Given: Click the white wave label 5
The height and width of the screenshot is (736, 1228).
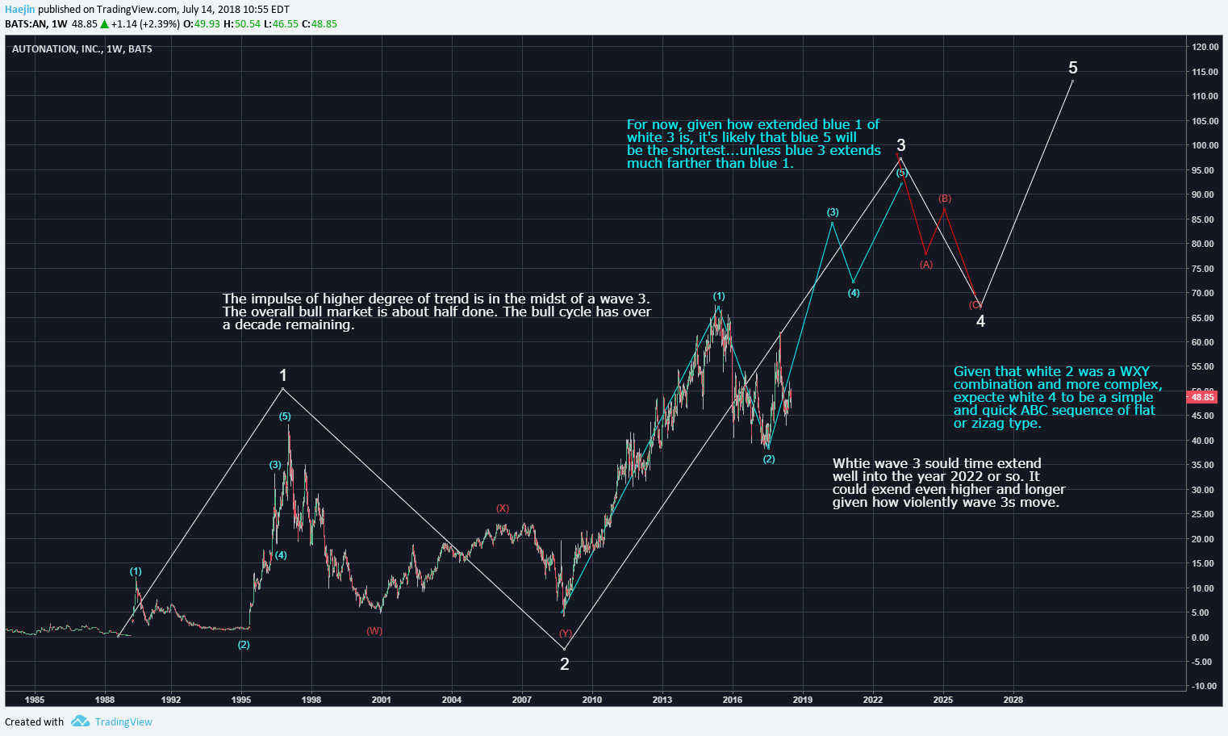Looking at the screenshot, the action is (x=1073, y=68).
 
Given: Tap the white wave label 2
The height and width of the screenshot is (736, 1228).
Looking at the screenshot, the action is (x=565, y=664).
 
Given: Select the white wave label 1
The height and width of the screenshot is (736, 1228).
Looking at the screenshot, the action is (x=283, y=375).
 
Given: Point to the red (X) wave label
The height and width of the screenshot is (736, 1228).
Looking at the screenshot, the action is (x=502, y=508).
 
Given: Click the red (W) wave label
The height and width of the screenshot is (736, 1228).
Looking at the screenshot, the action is (x=374, y=631).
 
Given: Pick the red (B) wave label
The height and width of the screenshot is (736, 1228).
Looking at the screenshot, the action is (x=944, y=199).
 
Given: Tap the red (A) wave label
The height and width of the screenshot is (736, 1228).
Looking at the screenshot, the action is (x=926, y=265).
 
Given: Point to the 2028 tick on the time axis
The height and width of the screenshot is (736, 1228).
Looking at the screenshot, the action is (x=1013, y=700).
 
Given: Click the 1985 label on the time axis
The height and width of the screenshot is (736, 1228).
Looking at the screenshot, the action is (x=35, y=700).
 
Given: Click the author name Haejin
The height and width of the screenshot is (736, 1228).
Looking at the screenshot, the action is (x=19, y=10).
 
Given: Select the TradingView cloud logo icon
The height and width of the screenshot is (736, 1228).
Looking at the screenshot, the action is (x=80, y=721).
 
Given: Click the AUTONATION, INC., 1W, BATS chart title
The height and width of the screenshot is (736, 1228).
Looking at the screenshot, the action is (x=82, y=49).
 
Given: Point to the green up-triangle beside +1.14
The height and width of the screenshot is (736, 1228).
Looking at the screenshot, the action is (x=104, y=24).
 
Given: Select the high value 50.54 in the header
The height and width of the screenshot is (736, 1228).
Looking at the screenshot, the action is (x=247, y=24).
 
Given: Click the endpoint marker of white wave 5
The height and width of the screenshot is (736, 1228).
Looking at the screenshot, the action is (x=1072, y=82).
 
